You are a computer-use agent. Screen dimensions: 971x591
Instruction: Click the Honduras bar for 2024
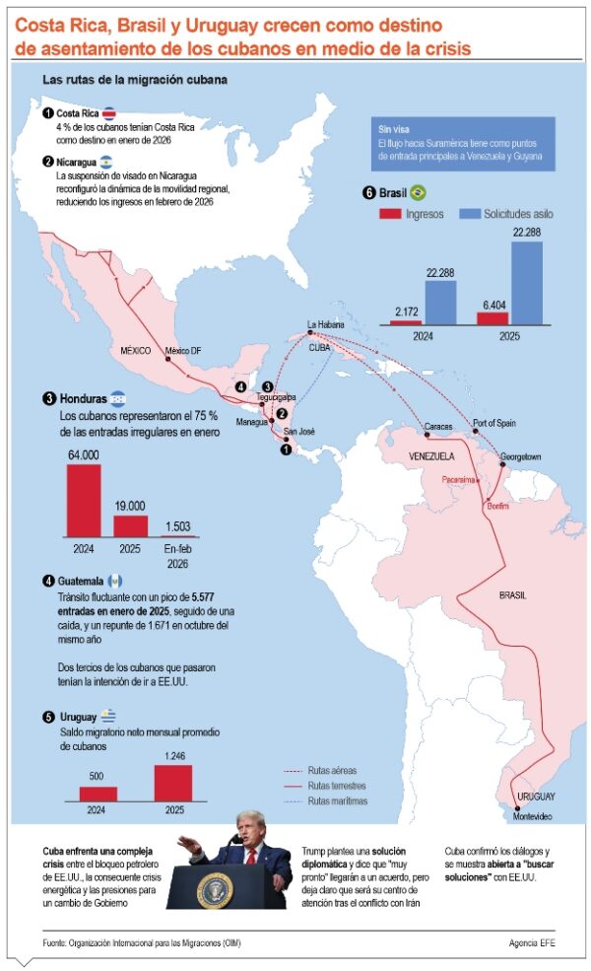pyautogui.click(x=83, y=500)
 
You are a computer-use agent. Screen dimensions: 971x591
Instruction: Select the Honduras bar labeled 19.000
pyautogui.click(x=129, y=525)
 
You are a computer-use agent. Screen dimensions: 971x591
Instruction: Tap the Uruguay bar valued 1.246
pyautogui.click(x=173, y=782)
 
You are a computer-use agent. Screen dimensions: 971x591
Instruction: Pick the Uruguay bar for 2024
pyautogui.click(x=98, y=793)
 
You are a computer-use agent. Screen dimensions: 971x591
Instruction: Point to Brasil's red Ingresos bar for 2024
pyautogui.click(x=404, y=322)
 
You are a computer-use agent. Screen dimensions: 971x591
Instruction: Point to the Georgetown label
pyautogui.click(x=519, y=456)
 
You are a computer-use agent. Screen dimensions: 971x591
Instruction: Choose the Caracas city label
pyautogui.click(x=438, y=427)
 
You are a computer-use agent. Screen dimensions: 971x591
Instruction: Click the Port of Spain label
pyautogui.click(x=495, y=423)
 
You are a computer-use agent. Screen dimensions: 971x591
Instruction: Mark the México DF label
pyautogui.click(x=183, y=350)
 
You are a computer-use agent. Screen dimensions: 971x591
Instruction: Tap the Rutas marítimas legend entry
pyautogui.click(x=337, y=801)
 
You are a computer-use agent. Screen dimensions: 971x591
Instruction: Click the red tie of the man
pyautogui.click(x=249, y=858)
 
